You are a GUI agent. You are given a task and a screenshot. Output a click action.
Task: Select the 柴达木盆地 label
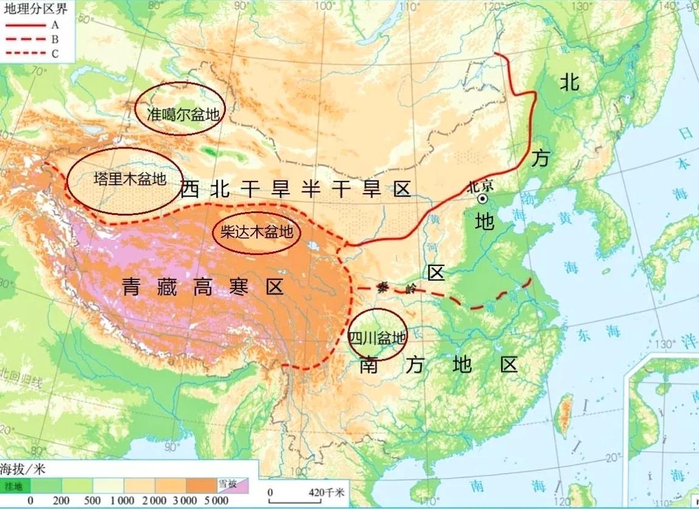(x=256, y=232)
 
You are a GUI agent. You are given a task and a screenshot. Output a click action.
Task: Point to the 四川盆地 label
(x=376, y=337)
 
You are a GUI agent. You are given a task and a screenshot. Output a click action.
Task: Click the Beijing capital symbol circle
(x=482, y=198)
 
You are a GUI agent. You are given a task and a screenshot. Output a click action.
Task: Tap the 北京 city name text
(x=481, y=186)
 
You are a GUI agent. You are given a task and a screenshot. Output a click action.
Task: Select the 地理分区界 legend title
(x=27, y=8)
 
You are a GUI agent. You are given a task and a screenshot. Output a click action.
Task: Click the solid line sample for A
(x=25, y=25)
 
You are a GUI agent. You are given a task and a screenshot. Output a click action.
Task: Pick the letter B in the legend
(x=55, y=39)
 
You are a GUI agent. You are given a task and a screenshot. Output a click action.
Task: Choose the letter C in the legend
(x=55, y=53)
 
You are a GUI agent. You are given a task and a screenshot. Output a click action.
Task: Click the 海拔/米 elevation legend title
(x=23, y=469)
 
